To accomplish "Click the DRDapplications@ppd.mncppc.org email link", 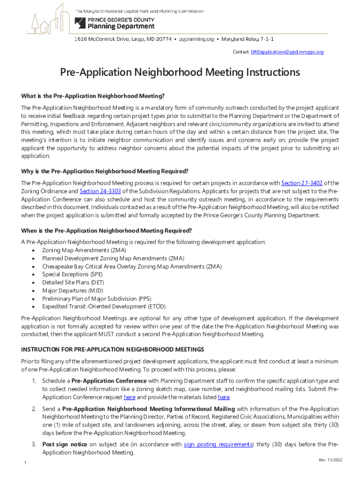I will tap(287, 52).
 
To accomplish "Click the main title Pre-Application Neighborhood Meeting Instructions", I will tap(180, 73).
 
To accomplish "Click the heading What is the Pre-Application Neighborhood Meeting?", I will tap(93, 96).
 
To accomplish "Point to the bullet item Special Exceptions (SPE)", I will tap(72, 275).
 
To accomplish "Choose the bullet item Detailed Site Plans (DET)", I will tap(73, 283).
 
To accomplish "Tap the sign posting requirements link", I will tap(218, 444).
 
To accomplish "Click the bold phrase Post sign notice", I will tap(65, 444).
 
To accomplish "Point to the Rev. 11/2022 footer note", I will tap(331, 460).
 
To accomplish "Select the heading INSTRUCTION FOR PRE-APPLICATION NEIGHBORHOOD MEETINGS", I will tap(112, 349).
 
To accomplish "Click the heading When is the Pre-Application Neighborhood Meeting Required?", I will tap(107, 231).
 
